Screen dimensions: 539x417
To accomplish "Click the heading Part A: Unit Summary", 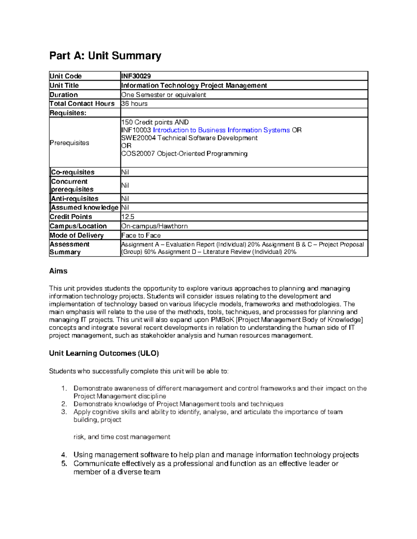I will [105, 56].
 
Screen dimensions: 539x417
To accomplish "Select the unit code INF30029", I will [136, 76].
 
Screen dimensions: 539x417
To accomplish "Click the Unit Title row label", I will [64, 85].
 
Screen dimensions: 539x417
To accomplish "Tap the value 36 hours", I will [134, 104].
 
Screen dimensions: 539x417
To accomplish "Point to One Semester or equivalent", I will [163, 95].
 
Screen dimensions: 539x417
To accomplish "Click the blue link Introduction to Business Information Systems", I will [221, 130].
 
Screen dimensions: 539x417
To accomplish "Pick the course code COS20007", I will [138, 154].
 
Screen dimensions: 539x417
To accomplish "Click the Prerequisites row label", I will [69, 143].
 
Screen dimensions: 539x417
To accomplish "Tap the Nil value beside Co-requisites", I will [125, 172].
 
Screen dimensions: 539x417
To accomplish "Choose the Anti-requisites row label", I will [75, 199].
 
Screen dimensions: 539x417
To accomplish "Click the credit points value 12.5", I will [128, 217].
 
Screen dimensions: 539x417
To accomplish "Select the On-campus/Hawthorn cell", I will [154, 226].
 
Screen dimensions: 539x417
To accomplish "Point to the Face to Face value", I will [141, 235].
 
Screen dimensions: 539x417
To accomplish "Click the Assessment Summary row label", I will [69, 248].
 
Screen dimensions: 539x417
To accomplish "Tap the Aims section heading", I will [58, 271].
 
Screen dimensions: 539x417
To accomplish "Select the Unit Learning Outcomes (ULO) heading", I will [104, 353].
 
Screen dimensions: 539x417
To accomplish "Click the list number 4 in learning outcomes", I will [64, 455].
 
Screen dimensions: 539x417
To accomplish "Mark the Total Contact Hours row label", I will [82, 104].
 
